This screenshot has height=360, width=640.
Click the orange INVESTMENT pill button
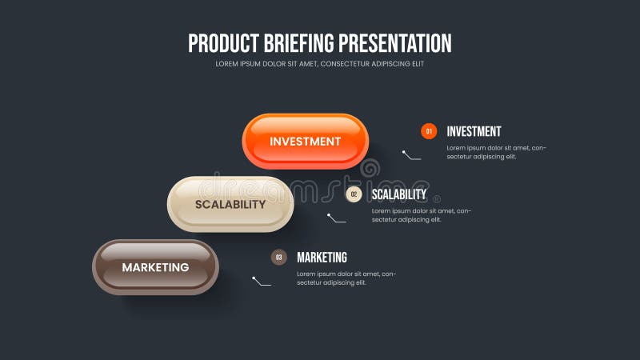point(305,142)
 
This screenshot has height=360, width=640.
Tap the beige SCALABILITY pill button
point(230,204)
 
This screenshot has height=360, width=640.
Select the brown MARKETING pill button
point(155,267)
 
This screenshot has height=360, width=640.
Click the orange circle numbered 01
point(429,131)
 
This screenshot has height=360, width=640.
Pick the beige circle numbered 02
point(354,194)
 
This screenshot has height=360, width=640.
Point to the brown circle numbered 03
point(278,257)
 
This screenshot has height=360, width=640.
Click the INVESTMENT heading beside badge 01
point(474,131)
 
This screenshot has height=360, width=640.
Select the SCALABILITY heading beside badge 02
point(399,194)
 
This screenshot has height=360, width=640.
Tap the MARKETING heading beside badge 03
point(322,258)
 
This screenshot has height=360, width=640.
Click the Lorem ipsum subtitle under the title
point(319,64)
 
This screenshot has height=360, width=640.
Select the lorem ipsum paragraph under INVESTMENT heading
point(496,152)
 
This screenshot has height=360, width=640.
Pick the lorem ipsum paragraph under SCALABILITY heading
point(421,215)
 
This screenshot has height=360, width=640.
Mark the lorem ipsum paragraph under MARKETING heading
point(346,278)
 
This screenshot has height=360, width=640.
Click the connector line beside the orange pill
point(411,155)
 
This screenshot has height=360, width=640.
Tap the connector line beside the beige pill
point(336,218)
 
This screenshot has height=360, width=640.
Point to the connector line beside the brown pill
point(262,282)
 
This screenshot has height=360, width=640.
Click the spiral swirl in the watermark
point(370,169)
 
